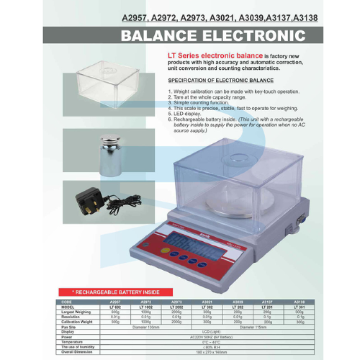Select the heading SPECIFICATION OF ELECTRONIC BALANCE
220,81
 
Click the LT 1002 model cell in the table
146,307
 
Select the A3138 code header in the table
299,302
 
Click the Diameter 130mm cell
146,327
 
